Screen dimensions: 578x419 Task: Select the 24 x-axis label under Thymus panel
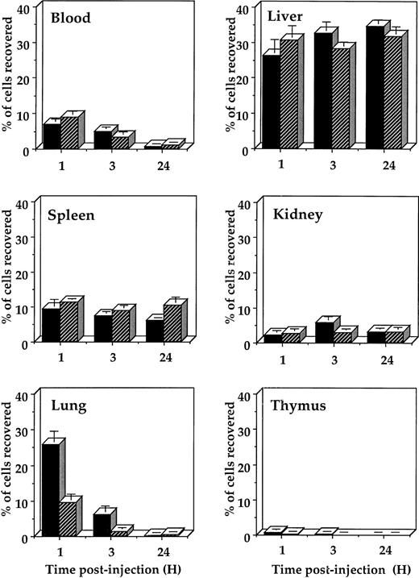[x=384, y=550]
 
